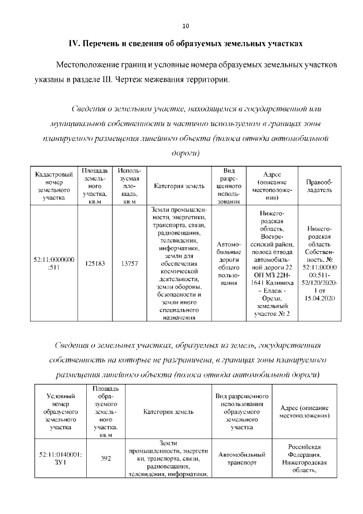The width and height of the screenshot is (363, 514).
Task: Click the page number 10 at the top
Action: coord(185,26)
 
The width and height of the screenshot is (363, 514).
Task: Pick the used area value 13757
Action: coord(129,264)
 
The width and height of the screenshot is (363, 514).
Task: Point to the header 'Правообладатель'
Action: coord(319,186)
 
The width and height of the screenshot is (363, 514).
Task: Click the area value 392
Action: coord(105,459)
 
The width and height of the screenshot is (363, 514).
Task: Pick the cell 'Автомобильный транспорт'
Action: coord(242,459)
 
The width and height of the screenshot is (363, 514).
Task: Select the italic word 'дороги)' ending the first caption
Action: coord(185,153)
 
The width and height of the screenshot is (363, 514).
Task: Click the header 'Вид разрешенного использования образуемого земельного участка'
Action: coord(242,411)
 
